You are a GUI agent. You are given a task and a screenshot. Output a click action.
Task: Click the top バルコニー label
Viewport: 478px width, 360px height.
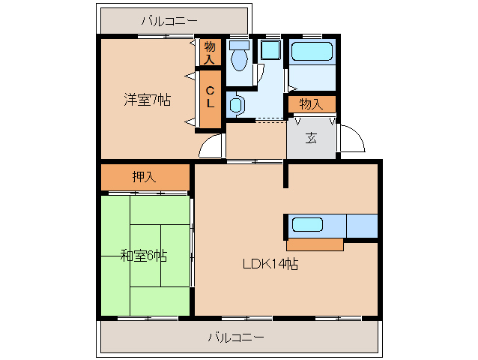tap(169, 21)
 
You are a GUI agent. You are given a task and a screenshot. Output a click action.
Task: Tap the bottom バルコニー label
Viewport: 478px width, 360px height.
tap(236, 337)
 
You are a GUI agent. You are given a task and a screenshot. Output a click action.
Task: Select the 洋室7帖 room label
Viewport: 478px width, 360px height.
tap(148, 100)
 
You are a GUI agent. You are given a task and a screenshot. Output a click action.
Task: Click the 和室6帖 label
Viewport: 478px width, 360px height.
tap(144, 256)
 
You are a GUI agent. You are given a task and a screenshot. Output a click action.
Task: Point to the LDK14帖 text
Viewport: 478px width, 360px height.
tap(270, 263)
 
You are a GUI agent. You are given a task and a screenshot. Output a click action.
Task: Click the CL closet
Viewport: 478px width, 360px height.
tap(211, 98)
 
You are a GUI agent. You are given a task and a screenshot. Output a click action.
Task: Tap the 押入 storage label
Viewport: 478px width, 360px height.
tap(144, 177)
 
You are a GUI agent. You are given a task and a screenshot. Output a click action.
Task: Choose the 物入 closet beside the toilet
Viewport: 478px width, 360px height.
tap(210, 52)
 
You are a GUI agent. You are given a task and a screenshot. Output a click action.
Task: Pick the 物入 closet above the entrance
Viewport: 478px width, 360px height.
tap(312, 104)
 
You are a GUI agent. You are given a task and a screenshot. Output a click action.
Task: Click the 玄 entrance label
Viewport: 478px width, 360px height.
tap(311, 138)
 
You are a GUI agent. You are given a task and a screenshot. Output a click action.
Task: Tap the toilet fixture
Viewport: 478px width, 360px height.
tap(239, 55)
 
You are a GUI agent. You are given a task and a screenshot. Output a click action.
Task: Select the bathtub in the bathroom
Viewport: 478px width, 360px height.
tap(312, 52)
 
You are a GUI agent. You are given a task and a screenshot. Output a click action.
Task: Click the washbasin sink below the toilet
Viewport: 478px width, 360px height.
tap(236, 104)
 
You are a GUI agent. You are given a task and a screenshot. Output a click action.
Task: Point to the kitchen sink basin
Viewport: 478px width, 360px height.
tap(307, 225)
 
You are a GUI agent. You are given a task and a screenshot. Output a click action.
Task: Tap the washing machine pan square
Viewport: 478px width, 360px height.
tap(270, 50)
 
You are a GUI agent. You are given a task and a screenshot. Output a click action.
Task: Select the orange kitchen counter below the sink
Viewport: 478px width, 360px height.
tap(315, 244)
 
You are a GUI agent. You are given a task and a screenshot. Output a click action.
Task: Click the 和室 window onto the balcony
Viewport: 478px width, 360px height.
tap(148, 319)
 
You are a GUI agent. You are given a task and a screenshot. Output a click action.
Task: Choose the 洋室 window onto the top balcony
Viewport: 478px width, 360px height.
tap(166, 36)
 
